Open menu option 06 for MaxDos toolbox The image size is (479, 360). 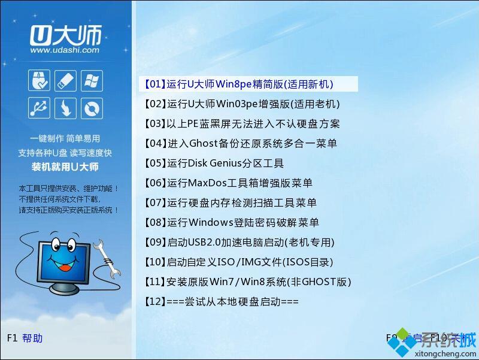tap(228, 183)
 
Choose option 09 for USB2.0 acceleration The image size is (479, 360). tap(239, 243)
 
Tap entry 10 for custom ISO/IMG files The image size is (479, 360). tap(238, 262)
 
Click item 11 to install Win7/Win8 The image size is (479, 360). tap(247, 282)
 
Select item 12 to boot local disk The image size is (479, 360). tap(221, 302)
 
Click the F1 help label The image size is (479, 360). tap(25, 338)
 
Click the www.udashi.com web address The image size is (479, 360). tap(64, 50)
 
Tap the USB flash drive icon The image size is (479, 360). tap(65, 81)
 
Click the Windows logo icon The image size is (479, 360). tap(92, 81)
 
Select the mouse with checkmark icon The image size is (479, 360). tap(39, 81)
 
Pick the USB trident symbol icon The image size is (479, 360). tap(39, 108)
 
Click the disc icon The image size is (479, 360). tap(92, 108)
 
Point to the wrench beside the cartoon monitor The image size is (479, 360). tap(105, 255)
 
